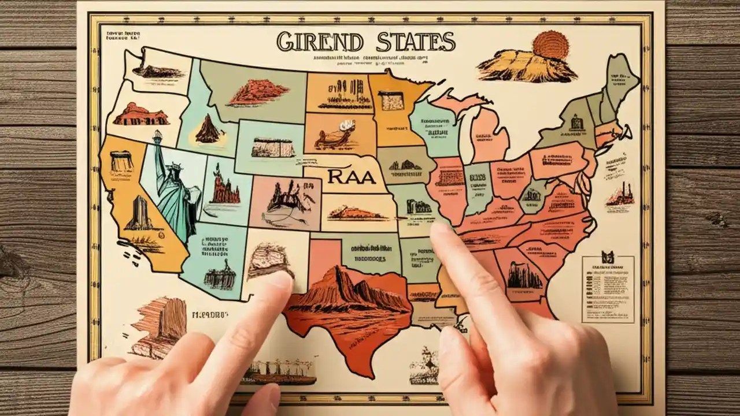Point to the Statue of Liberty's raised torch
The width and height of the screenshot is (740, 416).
coord(156,136)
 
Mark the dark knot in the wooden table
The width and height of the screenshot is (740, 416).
coord(717,219)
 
